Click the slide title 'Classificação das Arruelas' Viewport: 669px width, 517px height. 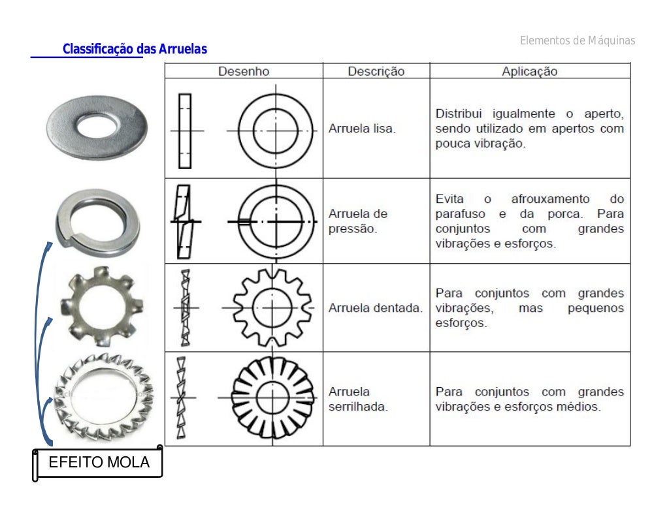(135, 50)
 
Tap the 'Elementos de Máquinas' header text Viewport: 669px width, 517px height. (577, 41)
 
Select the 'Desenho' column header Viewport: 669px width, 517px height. (243, 71)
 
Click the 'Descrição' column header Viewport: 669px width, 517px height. (376, 71)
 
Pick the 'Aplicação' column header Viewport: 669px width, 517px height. (529, 71)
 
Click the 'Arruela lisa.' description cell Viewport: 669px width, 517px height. (362, 129)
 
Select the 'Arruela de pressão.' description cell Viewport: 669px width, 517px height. (357, 221)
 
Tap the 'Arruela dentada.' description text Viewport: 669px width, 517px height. (375, 307)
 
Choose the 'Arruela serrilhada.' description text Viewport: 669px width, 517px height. (358, 399)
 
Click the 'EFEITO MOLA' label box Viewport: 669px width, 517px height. (99, 463)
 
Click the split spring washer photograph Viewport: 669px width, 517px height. (97, 219)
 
